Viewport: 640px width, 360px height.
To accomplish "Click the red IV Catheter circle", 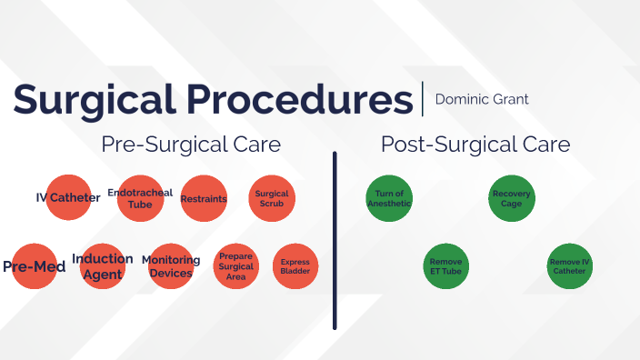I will (68, 197).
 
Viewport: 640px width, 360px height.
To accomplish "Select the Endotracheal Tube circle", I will (140, 198).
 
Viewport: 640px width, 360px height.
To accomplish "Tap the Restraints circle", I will (204, 198).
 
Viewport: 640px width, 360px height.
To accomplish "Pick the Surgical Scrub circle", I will (272, 198).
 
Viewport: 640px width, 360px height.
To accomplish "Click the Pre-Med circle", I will (35, 267).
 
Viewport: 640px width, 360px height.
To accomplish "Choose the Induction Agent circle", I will (103, 266).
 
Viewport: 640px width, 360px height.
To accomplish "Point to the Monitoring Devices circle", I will (171, 266).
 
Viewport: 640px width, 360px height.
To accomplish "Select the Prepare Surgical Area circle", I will (236, 267).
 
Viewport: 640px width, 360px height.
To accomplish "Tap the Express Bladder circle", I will (295, 267).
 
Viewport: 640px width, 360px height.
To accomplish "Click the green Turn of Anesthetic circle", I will (389, 198).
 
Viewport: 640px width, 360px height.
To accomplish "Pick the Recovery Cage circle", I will (511, 198).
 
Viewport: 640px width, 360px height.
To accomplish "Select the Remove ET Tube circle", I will (445, 267).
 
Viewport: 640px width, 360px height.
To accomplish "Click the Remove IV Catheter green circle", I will (570, 267).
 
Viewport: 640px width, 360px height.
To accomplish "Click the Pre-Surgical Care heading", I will (191, 145).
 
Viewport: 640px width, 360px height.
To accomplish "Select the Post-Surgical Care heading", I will (475, 145).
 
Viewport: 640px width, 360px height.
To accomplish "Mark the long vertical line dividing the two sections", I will (335, 241).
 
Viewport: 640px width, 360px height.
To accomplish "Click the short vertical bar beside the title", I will (423, 98).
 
